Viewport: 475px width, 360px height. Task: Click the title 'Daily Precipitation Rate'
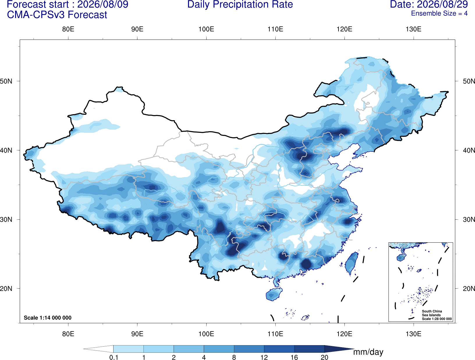click(240, 5)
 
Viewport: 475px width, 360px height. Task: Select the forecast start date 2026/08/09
click(103, 4)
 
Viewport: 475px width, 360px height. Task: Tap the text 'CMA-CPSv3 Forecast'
click(57, 15)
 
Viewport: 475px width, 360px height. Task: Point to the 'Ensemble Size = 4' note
click(439, 13)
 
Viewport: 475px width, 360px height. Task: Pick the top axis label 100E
click(206, 29)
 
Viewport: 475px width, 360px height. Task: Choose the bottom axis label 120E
click(344, 334)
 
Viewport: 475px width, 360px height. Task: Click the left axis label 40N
click(6, 150)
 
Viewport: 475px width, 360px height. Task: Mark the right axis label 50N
click(469, 81)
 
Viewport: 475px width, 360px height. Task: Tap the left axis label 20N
click(6, 289)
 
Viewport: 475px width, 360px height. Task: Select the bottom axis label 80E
click(68, 334)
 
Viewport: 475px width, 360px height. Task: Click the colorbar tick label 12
click(264, 357)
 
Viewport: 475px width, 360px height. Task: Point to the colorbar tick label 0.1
click(114, 357)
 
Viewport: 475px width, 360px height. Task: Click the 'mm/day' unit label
click(368, 352)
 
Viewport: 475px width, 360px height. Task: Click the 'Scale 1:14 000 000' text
click(48, 317)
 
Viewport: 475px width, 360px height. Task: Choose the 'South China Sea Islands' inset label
click(432, 313)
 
